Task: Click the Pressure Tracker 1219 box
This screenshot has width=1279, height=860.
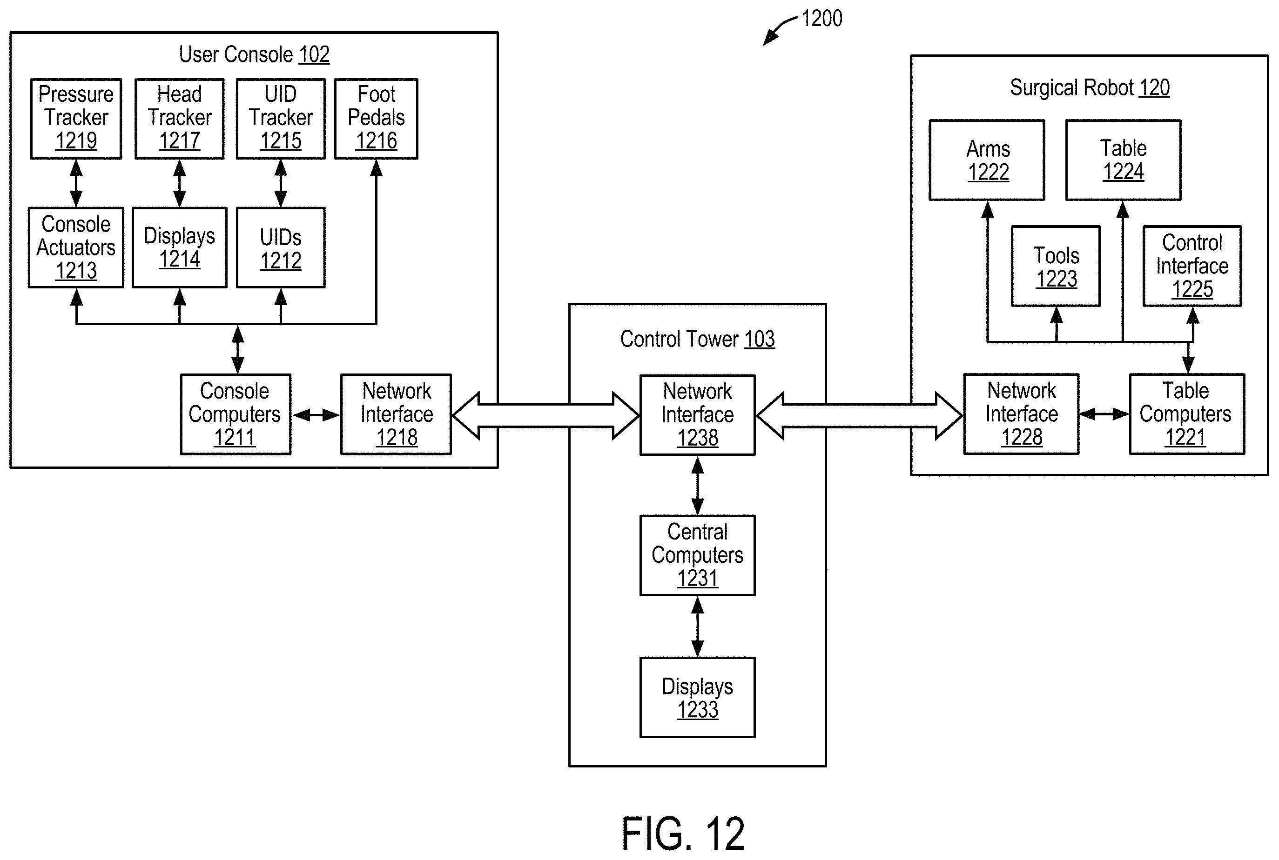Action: tap(76, 119)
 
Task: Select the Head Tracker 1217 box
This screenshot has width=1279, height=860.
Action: tap(179, 119)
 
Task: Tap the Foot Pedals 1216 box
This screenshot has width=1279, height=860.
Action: tap(377, 119)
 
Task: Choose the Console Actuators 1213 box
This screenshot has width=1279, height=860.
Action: tap(76, 247)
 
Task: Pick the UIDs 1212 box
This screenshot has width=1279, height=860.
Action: tap(281, 247)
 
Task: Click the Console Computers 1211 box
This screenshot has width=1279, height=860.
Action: tap(236, 414)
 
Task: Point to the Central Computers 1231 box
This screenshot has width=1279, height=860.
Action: tap(697, 555)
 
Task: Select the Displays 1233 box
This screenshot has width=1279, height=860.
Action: tap(697, 697)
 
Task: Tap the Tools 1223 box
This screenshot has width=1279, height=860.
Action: tap(1056, 266)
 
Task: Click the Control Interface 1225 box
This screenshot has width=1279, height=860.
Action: tap(1192, 266)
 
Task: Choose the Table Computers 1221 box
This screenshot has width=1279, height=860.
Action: tap(1187, 414)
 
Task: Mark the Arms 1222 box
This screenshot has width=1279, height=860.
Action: tap(987, 160)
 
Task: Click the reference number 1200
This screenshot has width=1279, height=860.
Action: tap(821, 19)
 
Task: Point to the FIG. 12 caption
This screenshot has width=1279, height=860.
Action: tap(683, 833)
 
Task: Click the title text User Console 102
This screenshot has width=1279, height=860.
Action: tap(254, 54)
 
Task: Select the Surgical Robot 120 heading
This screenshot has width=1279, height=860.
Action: tap(1090, 88)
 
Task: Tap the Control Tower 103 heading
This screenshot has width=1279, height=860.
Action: tap(697, 339)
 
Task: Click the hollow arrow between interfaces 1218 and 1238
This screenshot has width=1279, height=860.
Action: tap(546, 415)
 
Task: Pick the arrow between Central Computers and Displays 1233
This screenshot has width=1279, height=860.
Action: tap(697, 627)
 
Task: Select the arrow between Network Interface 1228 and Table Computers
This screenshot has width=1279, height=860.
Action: tap(1104, 414)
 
